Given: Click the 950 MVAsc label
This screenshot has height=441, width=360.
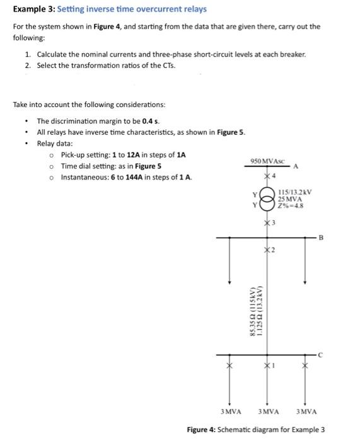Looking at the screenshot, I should (x=268, y=162).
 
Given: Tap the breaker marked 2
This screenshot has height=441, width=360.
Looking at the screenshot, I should (x=267, y=251).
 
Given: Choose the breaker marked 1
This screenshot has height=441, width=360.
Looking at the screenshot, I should (x=267, y=365).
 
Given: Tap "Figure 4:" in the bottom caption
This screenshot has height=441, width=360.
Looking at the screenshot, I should (x=202, y=430).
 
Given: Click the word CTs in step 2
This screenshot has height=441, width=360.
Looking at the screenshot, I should (x=167, y=66).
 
